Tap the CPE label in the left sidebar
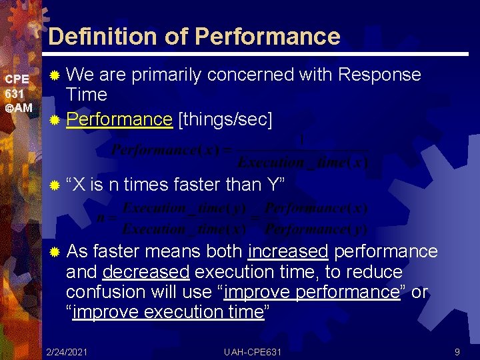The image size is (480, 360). click(x=17, y=79)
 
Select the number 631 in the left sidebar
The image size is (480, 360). click(x=15, y=94)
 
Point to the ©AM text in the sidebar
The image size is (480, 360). click(x=19, y=108)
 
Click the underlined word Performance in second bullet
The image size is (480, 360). click(x=119, y=119)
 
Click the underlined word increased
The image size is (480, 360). click(x=287, y=251)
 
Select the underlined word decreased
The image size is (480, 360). click(x=146, y=272)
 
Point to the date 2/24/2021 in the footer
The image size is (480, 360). click(x=66, y=351)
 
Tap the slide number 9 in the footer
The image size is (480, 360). click(x=457, y=351)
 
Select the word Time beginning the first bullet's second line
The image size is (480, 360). click(x=87, y=95)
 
